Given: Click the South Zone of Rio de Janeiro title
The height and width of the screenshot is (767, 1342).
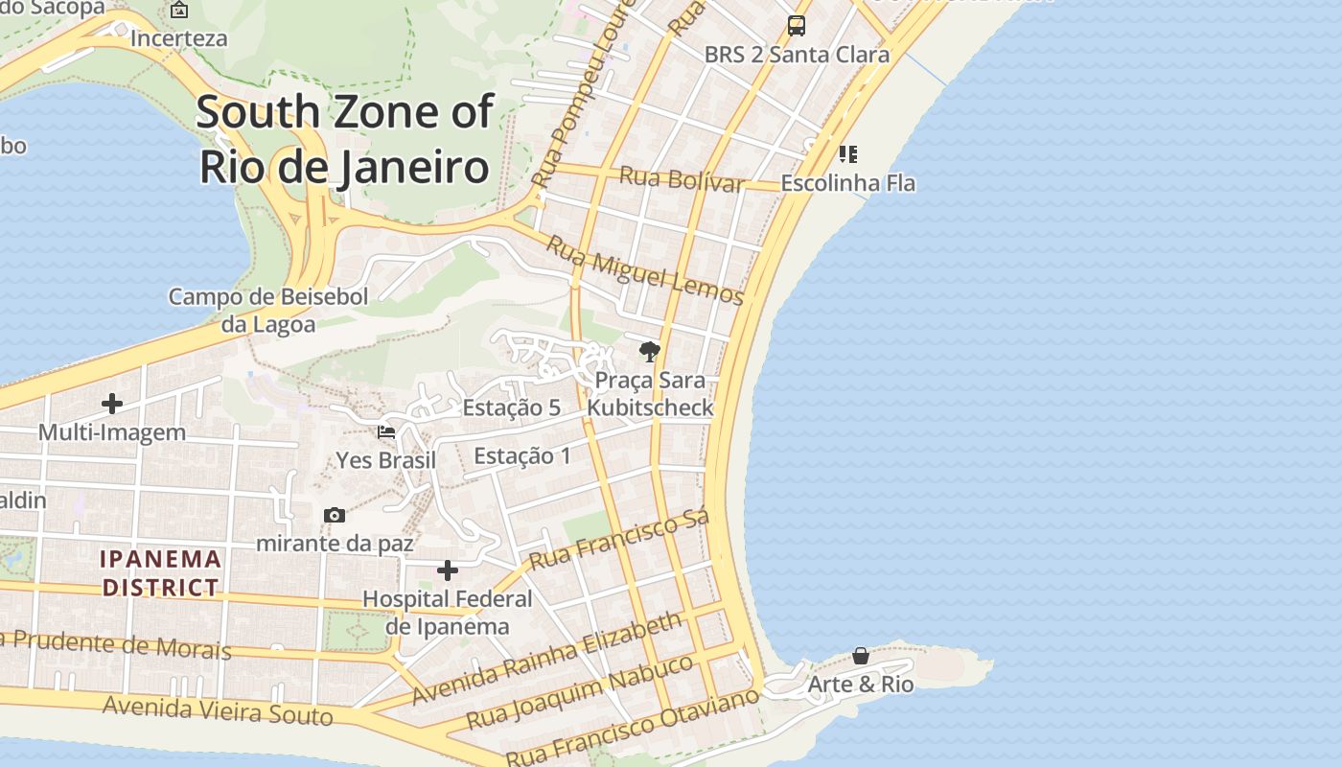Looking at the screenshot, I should (x=345, y=139).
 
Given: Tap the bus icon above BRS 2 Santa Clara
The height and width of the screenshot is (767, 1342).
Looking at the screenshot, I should (x=797, y=26).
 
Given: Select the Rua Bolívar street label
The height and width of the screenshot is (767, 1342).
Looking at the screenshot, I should (x=682, y=179).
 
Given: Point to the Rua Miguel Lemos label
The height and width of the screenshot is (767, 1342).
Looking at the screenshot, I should (x=644, y=270).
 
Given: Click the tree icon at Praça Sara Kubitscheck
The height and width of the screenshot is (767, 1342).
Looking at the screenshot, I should (x=650, y=351).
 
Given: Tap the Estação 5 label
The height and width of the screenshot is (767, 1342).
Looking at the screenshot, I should (x=511, y=407).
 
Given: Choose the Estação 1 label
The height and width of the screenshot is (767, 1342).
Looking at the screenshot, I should (x=522, y=455).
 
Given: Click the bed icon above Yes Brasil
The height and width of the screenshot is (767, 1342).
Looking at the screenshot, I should (x=386, y=432).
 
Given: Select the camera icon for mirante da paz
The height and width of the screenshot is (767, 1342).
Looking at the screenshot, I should (x=335, y=516).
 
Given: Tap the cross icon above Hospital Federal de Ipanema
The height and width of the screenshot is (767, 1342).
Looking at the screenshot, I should (x=448, y=571).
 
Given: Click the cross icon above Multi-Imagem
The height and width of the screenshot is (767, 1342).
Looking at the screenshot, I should (x=112, y=404).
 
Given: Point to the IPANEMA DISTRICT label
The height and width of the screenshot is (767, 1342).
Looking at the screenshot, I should (x=161, y=572).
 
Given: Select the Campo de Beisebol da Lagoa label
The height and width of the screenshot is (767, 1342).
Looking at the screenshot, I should (x=268, y=311).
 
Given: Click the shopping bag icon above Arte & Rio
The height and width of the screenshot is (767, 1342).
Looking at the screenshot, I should (x=861, y=656).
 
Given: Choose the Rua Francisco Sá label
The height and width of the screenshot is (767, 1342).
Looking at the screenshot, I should (x=619, y=539).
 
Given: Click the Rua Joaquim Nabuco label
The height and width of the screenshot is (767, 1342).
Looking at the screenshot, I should (x=579, y=691).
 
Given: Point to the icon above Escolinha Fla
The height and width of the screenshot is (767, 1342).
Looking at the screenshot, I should (x=848, y=153).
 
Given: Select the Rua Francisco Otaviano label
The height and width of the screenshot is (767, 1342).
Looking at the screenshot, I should (x=633, y=726).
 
